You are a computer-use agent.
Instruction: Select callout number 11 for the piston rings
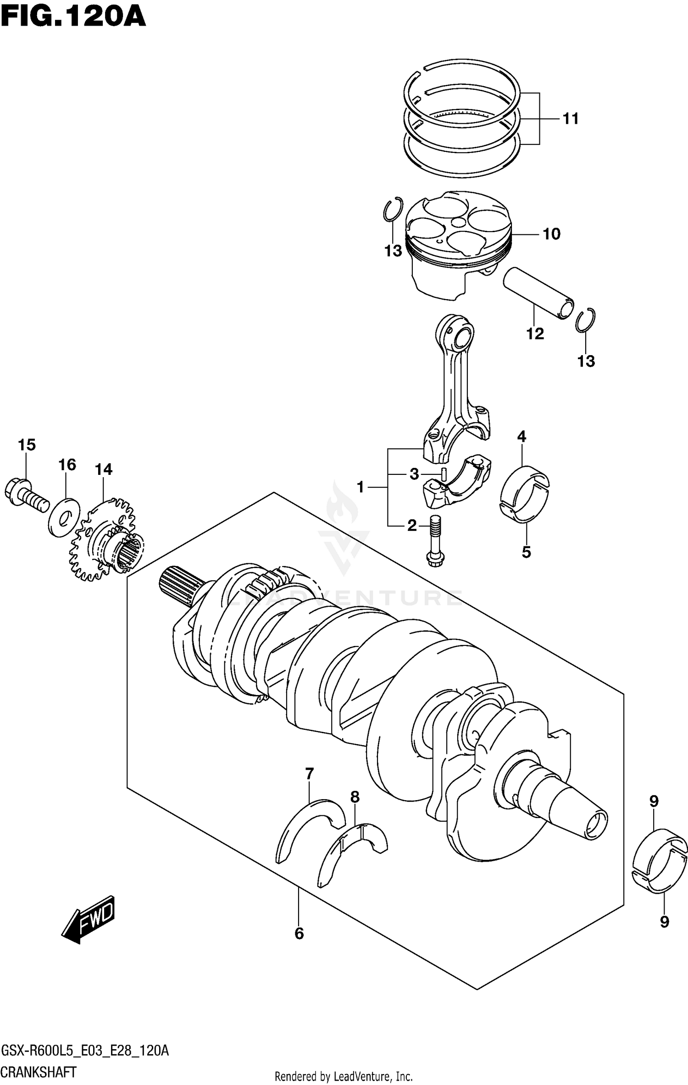point(571,119)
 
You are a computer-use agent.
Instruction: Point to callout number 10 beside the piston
point(551,234)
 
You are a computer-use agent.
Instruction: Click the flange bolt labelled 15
point(27,497)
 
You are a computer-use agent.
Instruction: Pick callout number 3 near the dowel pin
point(414,474)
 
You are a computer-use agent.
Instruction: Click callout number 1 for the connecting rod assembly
point(360,487)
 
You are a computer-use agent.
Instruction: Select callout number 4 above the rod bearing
point(522,436)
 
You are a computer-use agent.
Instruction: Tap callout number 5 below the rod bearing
point(526,552)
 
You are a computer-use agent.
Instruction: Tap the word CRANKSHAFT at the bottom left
point(39,1071)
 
